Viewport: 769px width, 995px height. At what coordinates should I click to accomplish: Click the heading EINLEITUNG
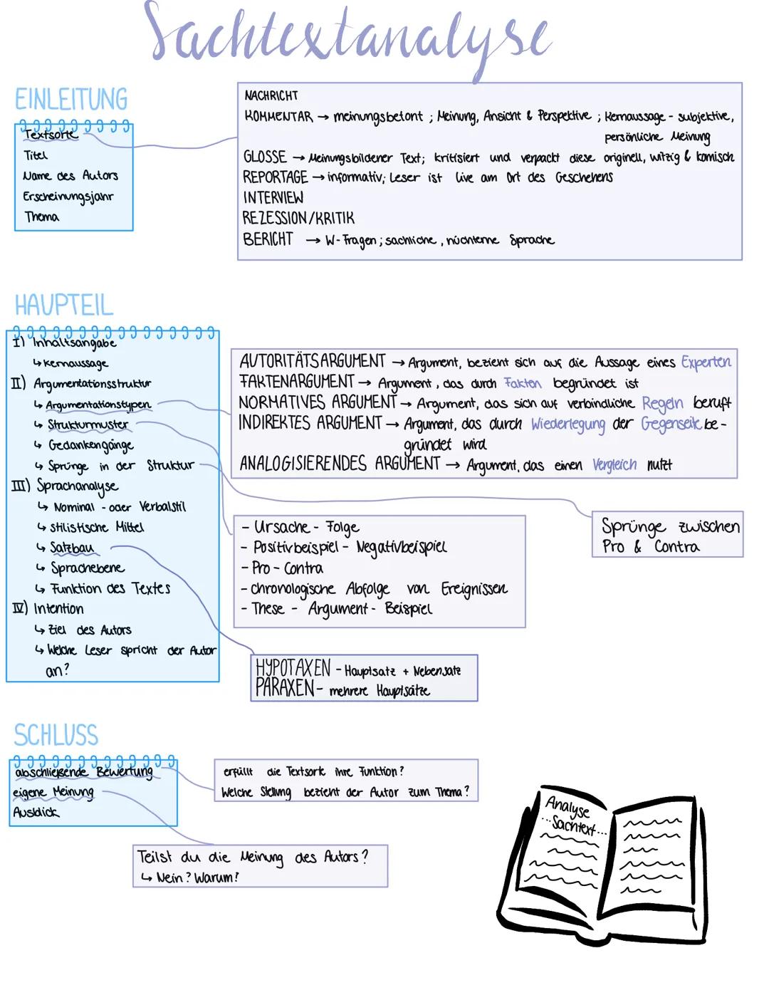tap(71, 99)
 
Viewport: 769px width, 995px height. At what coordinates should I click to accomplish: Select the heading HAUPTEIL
tap(64, 306)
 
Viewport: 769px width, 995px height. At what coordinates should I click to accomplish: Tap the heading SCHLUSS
tap(56, 735)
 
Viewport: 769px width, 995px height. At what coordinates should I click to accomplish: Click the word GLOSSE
tap(265, 157)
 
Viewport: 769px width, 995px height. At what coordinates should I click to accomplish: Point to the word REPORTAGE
tap(275, 177)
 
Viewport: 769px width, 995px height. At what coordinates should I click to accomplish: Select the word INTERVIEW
tap(273, 197)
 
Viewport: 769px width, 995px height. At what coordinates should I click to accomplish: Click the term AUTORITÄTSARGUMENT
tap(312, 361)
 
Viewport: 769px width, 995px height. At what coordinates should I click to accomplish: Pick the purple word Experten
tap(706, 362)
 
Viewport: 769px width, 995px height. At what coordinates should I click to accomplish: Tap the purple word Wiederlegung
tap(567, 424)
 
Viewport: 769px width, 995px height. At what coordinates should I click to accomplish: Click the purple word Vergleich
tap(614, 465)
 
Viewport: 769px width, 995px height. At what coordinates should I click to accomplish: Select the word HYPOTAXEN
tap(293, 668)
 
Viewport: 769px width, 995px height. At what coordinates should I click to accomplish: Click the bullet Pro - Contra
tap(288, 568)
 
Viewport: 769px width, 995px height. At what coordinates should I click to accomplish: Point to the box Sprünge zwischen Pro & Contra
tap(668, 535)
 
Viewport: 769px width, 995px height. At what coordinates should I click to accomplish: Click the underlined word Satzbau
tap(72, 548)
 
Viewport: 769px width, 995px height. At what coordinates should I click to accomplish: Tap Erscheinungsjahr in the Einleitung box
tap(68, 196)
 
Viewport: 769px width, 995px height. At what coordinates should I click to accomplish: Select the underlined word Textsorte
tap(50, 134)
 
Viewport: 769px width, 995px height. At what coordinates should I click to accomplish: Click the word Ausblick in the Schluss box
tap(36, 812)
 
